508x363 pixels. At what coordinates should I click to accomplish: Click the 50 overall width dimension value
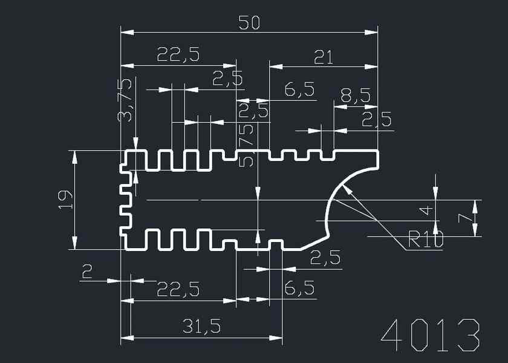(249, 23)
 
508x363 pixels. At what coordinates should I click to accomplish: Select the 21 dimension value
(323, 57)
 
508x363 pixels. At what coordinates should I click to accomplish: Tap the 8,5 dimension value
(355, 95)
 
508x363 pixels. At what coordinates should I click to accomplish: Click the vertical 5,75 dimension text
(246, 146)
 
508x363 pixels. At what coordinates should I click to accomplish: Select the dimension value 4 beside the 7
(426, 210)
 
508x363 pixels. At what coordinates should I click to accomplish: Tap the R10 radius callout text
(426, 240)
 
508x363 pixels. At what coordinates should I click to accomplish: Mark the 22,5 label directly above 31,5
(178, 289)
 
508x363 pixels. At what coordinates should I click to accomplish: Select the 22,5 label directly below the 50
(178, 55)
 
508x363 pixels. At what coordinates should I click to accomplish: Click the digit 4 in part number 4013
(394, 335)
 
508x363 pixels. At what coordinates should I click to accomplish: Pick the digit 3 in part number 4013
(468, 335)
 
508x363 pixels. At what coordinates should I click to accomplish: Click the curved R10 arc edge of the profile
(336, 188)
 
